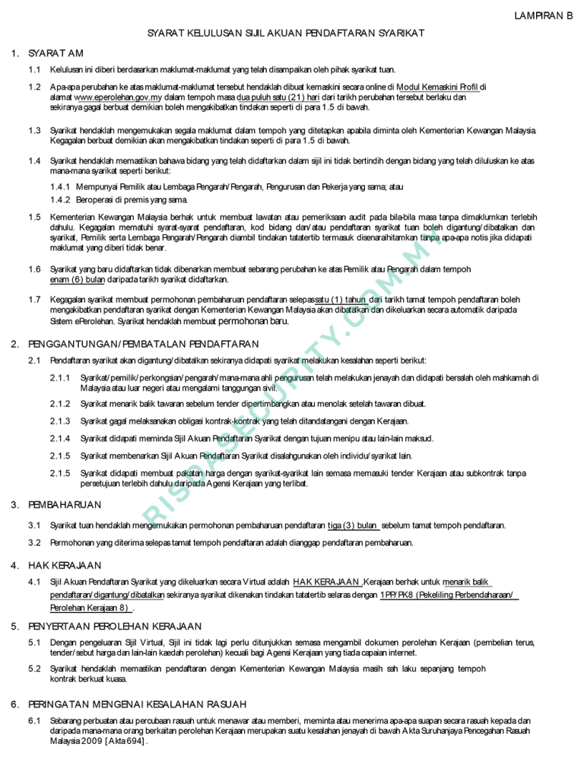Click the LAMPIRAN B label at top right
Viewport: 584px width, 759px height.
(541, 15)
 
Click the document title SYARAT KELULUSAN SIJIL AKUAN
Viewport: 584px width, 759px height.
(284, 33)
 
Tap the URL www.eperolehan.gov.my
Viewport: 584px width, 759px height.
(118, 97)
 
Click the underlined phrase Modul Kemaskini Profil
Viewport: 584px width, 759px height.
(439, 87)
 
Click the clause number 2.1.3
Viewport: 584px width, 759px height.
(60, 421)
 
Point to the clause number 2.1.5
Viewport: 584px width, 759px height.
(60, 456)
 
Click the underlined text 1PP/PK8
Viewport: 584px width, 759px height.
(397, 595)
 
